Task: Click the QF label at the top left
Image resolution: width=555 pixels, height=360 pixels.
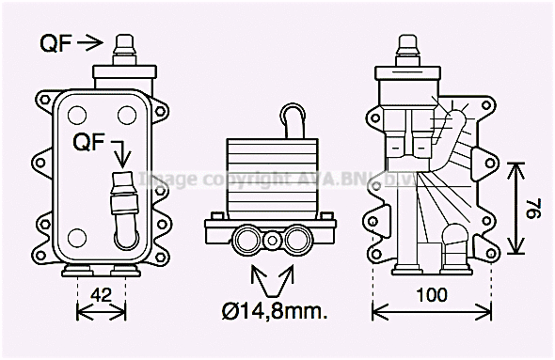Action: click(x=55, y=42)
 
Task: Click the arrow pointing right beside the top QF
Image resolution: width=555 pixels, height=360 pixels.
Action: click(x=89, y=42)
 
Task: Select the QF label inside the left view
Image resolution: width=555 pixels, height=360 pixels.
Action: click(x=89, y=142)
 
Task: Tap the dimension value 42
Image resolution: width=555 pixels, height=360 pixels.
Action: click(x=101, y=294)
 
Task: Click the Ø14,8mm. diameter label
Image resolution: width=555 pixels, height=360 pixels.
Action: click(x=275, y=311)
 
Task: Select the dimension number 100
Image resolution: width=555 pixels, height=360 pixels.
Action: click(x=432, y=295)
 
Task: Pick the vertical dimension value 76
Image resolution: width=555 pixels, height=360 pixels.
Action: click(x=533, y=208)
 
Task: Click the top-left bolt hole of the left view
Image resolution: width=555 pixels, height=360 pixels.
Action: click(x=71, y=114)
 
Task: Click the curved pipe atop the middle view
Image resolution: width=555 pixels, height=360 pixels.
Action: click(x=293, y=120)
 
